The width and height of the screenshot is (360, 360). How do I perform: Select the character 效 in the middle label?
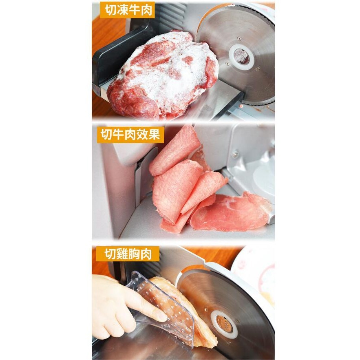[142, 134]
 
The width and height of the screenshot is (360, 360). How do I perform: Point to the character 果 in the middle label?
[154, 134]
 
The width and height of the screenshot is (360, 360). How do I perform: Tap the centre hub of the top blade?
[241, 57]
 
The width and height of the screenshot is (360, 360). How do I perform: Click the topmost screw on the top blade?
[239, 39]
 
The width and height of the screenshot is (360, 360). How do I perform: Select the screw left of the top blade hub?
[227, 63]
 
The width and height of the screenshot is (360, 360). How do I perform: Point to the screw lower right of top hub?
[258, 68]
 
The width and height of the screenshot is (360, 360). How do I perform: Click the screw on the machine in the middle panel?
[235, 154]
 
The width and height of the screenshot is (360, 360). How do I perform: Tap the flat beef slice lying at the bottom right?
[231, 212]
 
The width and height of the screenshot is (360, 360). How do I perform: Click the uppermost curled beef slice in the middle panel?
[174, 152]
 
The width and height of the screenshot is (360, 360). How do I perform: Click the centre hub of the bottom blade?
[224, 324]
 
